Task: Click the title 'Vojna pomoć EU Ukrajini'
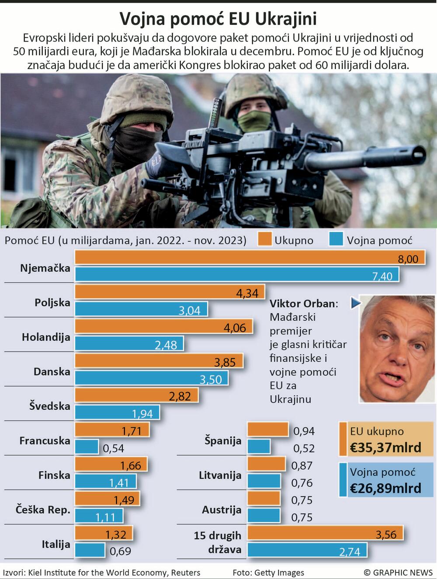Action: (x=218, y=19)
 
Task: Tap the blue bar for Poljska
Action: (x=141, y=309)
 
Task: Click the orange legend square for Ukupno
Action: (x=264, y=239)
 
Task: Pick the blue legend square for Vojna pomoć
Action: (x=336, y=239)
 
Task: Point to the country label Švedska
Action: (x=50, y=406)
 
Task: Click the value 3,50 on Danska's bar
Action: (x=211, y=379)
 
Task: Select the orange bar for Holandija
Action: (x=164, y=326)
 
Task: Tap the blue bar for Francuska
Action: (x=87, y=447)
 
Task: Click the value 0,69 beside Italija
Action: (x=120, y=551)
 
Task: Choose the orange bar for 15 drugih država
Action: (x=325, y=533)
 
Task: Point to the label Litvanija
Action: (x=220, y=475)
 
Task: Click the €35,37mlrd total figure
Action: (x=386, y=447)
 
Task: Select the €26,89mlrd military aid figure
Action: (x=386, y=488)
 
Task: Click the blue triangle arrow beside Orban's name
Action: (x=355, y=303)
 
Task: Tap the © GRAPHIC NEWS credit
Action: (x=398, y=572)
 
